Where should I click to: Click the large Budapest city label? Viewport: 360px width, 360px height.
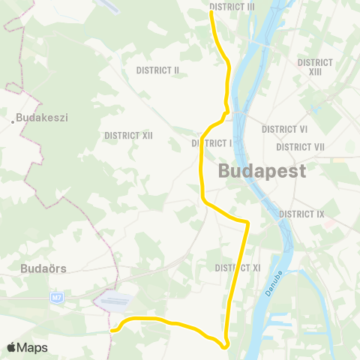click(262, 171)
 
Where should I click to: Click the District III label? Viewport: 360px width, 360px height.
click(232, 7)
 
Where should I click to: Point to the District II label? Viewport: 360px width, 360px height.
click(157, 70)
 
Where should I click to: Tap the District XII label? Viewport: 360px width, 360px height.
click(129, 136)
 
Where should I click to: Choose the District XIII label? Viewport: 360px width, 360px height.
click(315, 67)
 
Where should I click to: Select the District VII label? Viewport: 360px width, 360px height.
click(299, 147)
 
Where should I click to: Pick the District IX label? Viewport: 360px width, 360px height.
click(301, 214)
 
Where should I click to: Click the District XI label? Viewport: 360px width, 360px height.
click(237, 268)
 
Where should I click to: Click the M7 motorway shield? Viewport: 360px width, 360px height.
click(57, 298)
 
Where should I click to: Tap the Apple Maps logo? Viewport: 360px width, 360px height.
click(27, 347)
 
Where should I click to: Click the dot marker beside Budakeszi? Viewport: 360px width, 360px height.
click(14, 118)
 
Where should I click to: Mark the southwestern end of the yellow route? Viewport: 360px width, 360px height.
click(111, 329)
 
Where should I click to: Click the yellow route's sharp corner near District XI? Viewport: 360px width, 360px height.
click(247, 222)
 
